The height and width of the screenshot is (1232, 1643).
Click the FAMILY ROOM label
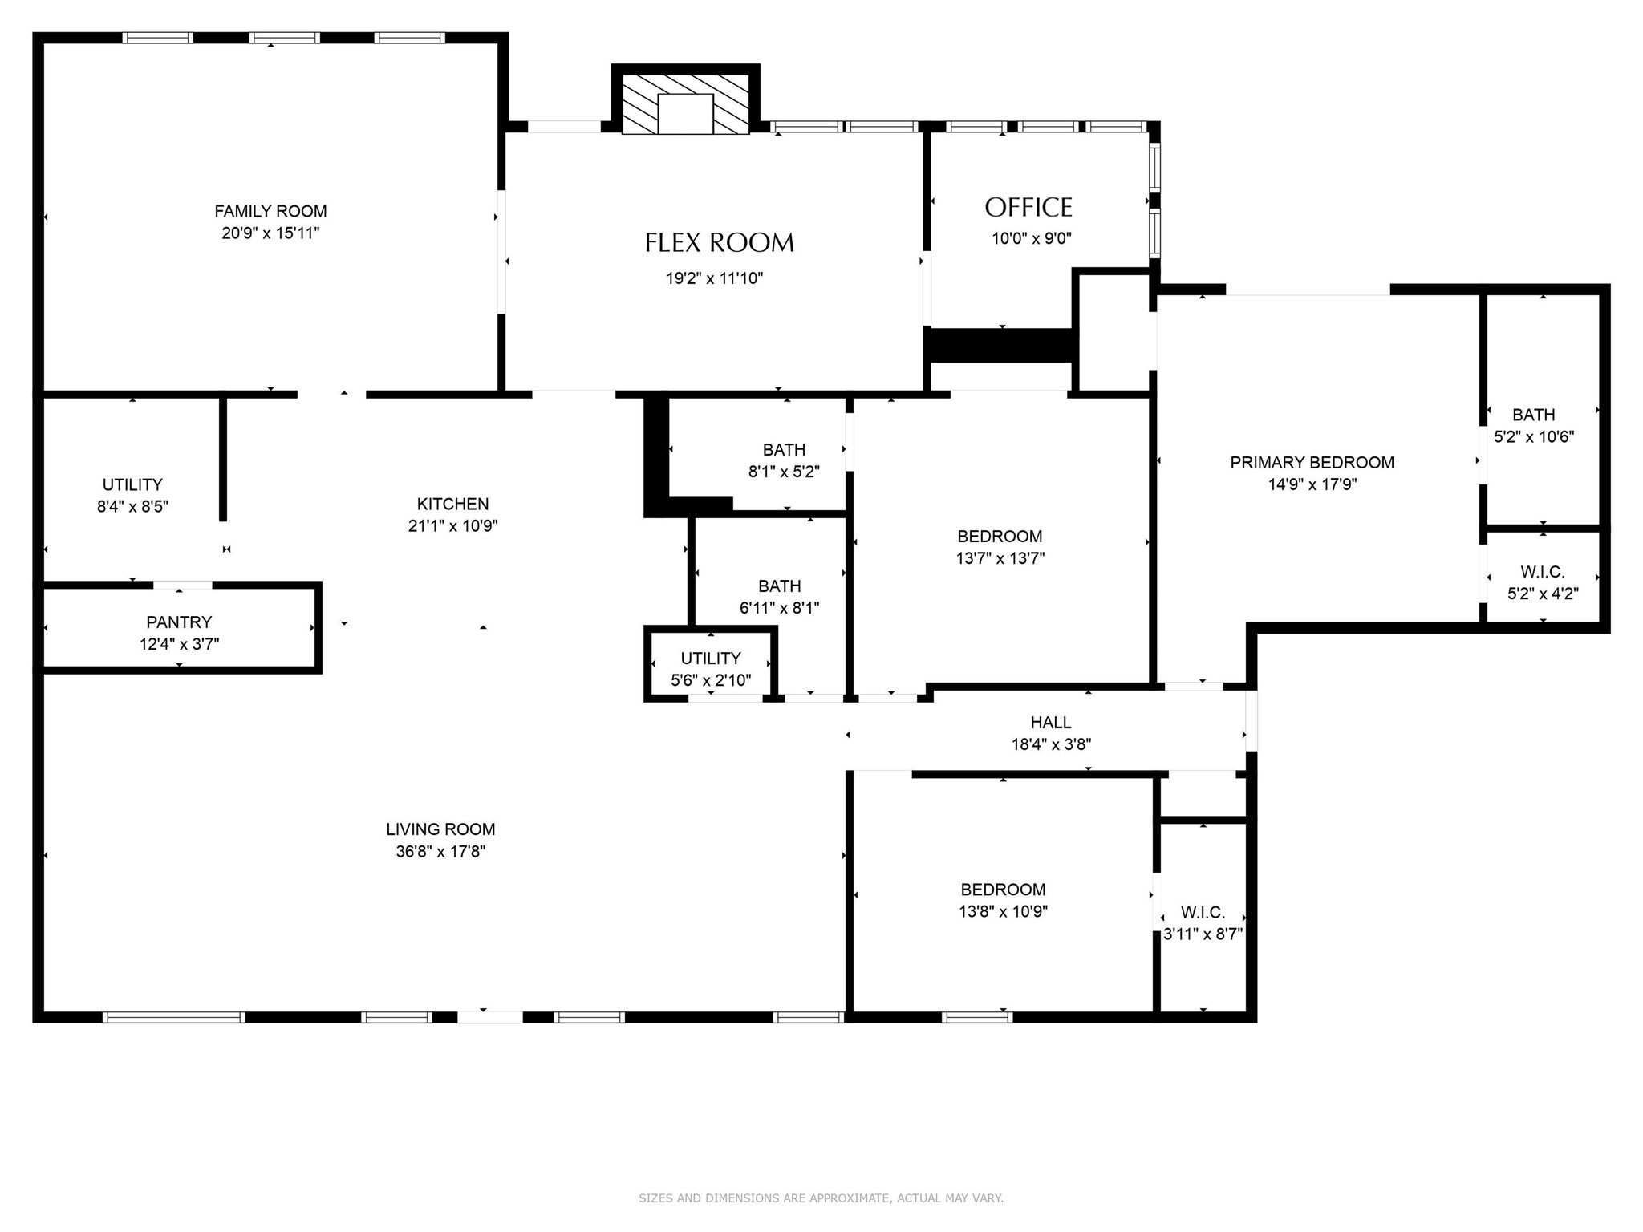pyautogui.click(x=270, y=211)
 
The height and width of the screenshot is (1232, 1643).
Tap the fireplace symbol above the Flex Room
pyautogui.click(x=686, y=105)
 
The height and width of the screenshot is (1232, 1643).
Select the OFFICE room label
pyautogui.click(x=1028, y=208)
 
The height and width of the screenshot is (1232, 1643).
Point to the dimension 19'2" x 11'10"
pyautogui.click(x=714, y=278)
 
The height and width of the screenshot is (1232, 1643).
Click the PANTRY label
pyautogui.click(x=179, y=622)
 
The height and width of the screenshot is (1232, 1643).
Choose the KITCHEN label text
pyautogui.click(x=452, y=504)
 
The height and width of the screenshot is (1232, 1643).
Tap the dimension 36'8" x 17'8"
pyautogui.click(x=440, y=851)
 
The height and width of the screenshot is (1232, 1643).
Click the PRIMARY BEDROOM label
pyautogui.click(x=1312, y=462)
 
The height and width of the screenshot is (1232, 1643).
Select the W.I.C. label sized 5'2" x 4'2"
pyautogui.click(x=1542, y=572)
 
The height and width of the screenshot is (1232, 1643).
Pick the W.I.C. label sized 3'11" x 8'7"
pyautogui.click(x=1203, y=912)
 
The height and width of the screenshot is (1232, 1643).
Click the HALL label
pyautogui.click(x=1051, y=722)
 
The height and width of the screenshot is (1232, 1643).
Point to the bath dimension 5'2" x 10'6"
pyautogui.click(x=1534, y=436)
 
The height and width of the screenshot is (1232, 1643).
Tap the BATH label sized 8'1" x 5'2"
pyautogui.click(x=784, y=450)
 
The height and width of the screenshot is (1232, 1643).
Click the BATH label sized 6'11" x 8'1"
pyautogui.click(x=779, y=586)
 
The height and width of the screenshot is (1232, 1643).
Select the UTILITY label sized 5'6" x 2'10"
pyautogui.click(x=711, y=659)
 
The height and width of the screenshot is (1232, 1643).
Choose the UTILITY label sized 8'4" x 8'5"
pyautogui.click(x=132, y=484)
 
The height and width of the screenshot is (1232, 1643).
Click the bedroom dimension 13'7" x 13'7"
pyautogui.click(x=1000, y=558)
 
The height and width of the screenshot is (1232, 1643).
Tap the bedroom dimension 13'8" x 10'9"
pyautogui.click(x=1003, y=911)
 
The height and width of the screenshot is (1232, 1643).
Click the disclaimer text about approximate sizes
pyautogui.click(x=821, y=1198)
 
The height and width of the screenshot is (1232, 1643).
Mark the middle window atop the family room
pyautogui.click(x=284, y=38)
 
